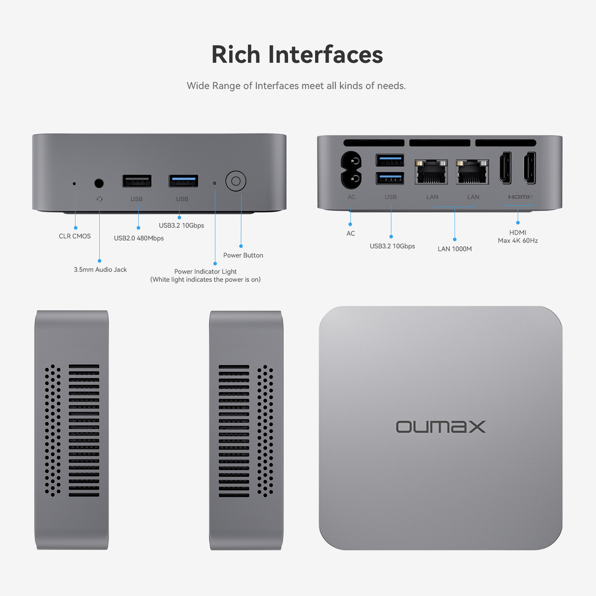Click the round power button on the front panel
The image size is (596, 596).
236,181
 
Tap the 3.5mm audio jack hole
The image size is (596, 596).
99,183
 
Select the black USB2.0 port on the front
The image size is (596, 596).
137,181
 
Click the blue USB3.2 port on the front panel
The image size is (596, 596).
183,181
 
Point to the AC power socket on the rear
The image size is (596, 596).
351,170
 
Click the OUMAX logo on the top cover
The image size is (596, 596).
441,427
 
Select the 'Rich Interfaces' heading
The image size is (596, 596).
297,54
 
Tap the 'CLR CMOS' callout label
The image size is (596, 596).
75,236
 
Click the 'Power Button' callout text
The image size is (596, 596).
243,255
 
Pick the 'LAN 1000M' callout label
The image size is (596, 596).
455,249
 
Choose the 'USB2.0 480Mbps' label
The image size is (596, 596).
139,238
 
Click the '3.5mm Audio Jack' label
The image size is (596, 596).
100,270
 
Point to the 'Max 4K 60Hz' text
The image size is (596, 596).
518,241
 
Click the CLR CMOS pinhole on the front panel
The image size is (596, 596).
74,184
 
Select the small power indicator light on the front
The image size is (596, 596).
215,183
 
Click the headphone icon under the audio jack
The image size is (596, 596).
100,199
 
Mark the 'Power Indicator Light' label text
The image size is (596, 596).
205,272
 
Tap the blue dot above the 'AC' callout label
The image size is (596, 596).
350,224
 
